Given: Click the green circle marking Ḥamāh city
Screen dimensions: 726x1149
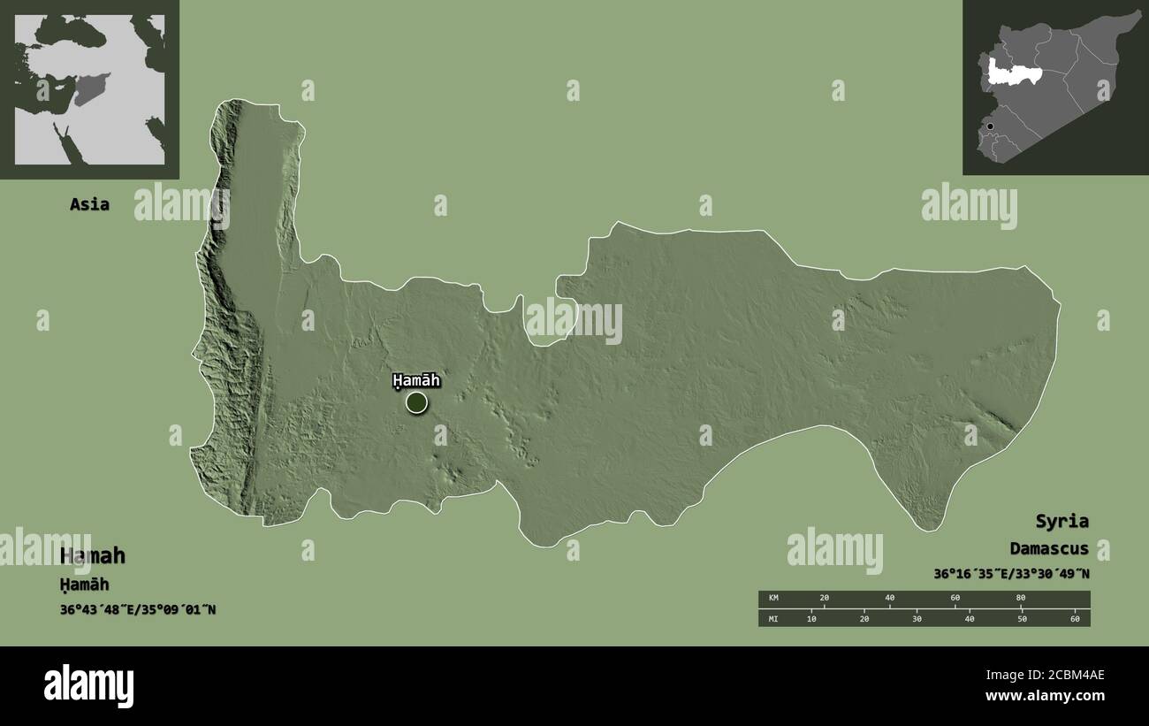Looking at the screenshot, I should click(x=416, y=403).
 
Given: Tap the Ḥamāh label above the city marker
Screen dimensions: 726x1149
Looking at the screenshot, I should click(x=415, y=381).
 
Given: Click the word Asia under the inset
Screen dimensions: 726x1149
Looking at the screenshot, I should click(x=90, y=204).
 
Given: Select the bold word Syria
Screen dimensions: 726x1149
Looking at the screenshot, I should click(x=1063, y=521).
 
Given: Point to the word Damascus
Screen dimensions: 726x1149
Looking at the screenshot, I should click(x=1049, y=549).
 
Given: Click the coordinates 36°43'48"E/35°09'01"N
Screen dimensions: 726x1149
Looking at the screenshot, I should click(x=138, y=609).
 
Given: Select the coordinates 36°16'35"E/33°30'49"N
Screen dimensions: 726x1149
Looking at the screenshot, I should click(x=1011, y=574).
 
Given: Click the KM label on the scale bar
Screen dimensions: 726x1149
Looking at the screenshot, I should click(x=774, y=599).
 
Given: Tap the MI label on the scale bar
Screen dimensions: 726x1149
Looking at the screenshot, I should click(x=774, y=618).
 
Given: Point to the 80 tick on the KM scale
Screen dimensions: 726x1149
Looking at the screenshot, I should click(x=1021, y=599).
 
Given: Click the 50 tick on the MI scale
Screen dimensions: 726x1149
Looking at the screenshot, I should click(x=1022, y=618).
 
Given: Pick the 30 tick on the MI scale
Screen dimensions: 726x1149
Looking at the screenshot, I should click(x=917, y=618).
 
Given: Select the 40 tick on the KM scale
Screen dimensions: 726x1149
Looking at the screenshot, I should click(x=890, y=599).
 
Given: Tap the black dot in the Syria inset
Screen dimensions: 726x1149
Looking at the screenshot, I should click(x=990, y=126).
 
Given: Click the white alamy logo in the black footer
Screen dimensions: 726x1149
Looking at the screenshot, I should click(x=89, y=685).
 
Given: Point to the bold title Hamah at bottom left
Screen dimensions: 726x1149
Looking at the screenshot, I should click(x=93, y=556).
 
